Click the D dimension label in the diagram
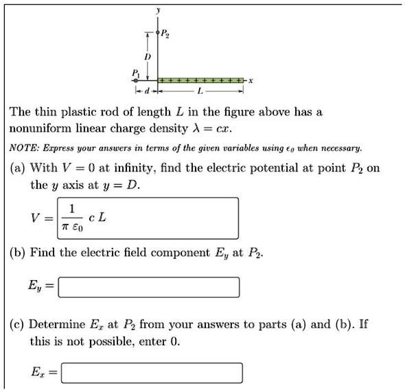[x=146, y=55]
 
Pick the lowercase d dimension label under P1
[x=146, y=91]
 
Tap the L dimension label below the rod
[x=199, y=91]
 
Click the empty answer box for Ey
[x=149, y=286]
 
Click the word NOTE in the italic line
[x=23, y=148]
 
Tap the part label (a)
[x=17, y=168]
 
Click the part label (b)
[x=17, y=253]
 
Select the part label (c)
[x=17, y=324]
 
